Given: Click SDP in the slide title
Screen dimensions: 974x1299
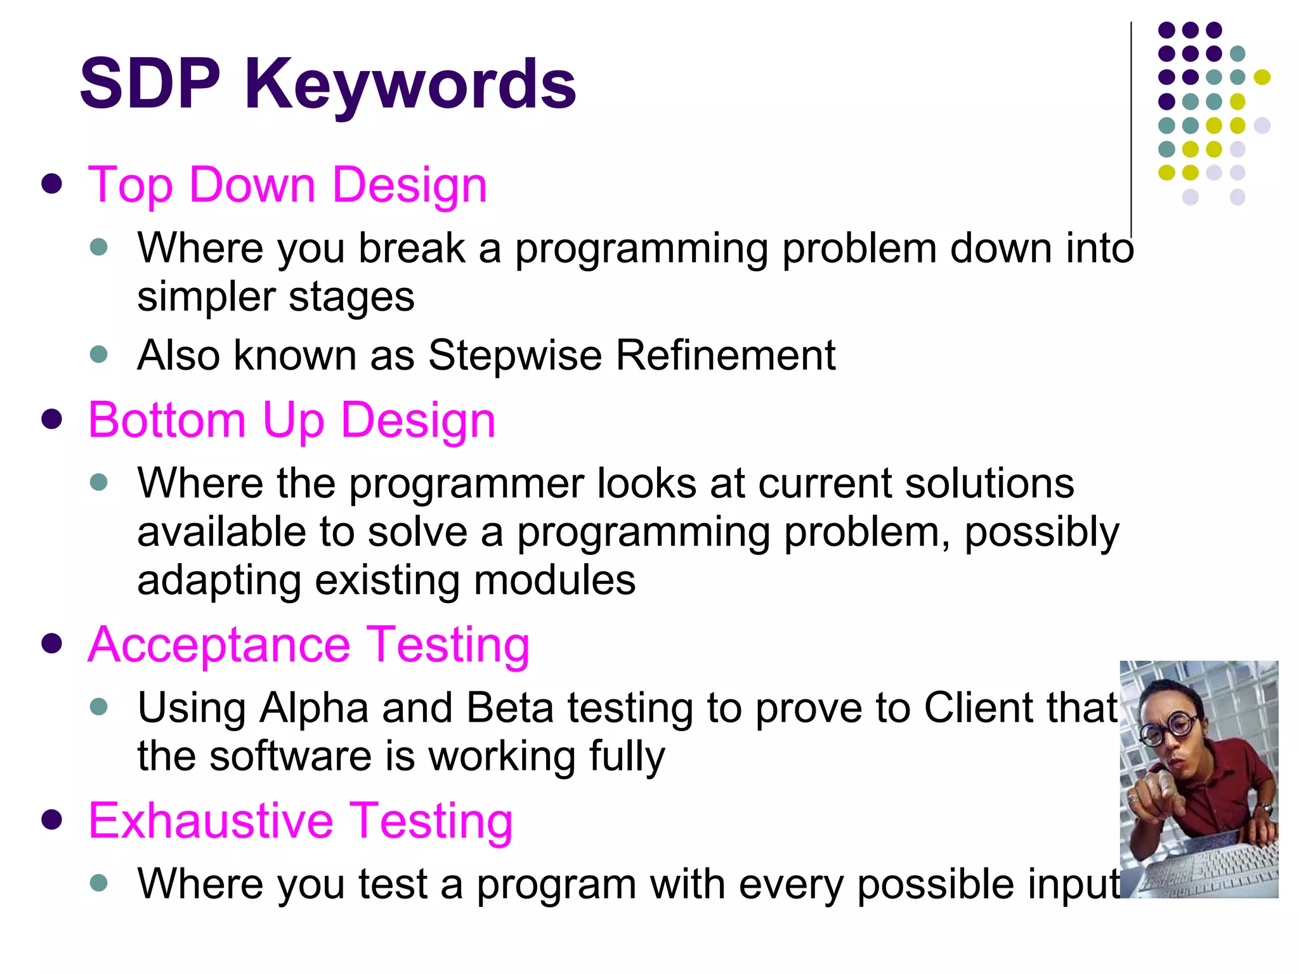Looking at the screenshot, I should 150,84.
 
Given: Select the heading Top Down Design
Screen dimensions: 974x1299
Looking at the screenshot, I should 287,185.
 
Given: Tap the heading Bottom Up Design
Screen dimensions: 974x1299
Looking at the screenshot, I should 291,420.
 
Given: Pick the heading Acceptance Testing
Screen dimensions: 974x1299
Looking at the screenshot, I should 308,645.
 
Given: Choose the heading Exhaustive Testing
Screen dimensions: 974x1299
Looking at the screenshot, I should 300,821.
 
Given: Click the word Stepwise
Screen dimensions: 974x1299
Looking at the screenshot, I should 514,355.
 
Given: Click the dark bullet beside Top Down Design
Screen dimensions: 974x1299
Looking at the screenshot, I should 51,185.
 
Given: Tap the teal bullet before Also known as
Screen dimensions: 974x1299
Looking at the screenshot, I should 99,354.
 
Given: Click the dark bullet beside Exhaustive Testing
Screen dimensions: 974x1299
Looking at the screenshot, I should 51,819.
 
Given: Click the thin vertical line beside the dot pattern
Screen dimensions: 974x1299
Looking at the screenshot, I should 1131,127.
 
